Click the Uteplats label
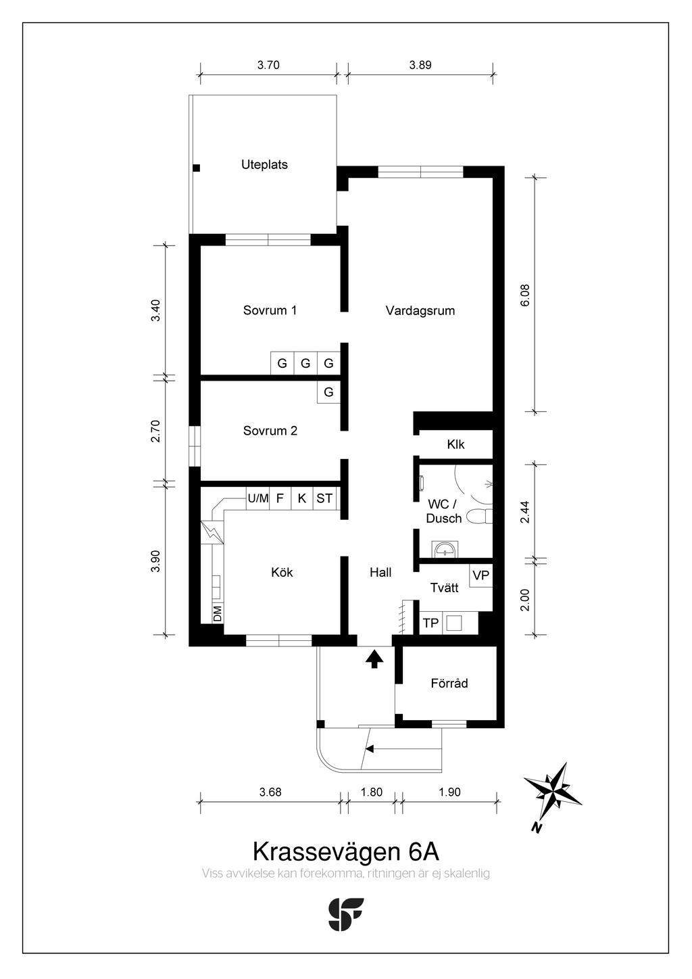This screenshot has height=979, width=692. click(x=264, y=165)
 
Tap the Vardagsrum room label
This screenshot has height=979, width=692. click(x=420, y=311)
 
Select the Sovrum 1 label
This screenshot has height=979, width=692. click(x=270, y=310)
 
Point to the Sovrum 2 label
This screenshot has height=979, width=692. click(x=270, y=431)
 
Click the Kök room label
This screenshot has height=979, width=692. click(x=282, y=572)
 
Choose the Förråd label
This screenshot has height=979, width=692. click(x=449, y=683)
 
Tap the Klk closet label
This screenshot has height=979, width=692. click(x=455, y=444)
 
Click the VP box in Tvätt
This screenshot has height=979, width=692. click(x=481, y=575)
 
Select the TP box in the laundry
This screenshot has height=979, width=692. click(x=430, y=623)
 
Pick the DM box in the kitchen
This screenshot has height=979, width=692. click(x=217, y=613)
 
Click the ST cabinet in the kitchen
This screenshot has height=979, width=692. click(x=324, y=498)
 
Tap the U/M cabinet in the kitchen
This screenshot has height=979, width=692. click(x=257, y=498)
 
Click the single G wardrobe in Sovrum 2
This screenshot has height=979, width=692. click(x=328, y=392)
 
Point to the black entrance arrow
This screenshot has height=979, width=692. click(x=374, y=659)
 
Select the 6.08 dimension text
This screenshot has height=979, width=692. click(x=525, y=295)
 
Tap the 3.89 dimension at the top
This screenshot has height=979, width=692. click(x=420, y=65)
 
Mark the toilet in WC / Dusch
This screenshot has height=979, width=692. click(x=479, y=516)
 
